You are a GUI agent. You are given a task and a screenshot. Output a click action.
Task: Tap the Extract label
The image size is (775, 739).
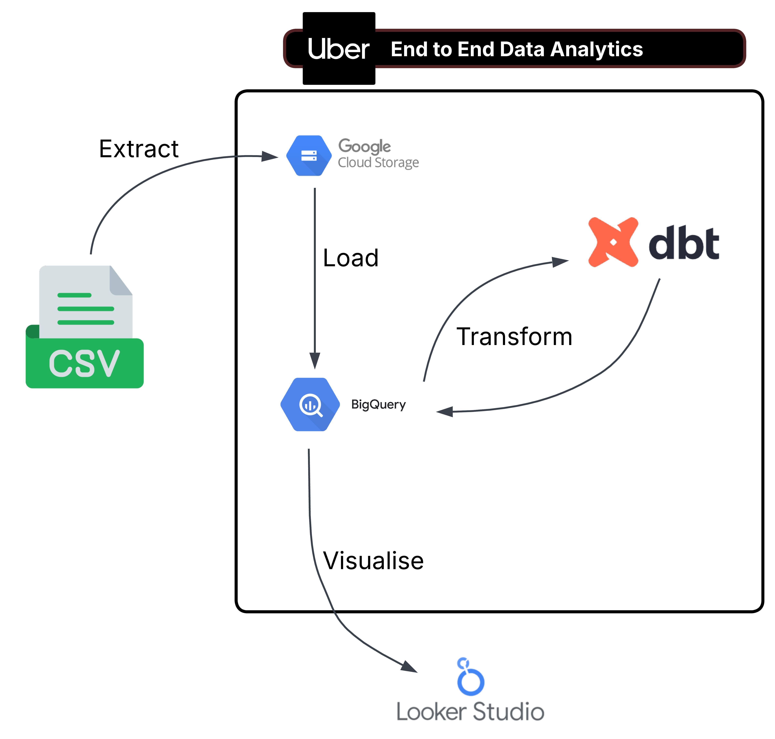139,149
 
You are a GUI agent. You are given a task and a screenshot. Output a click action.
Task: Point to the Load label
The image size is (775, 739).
351,258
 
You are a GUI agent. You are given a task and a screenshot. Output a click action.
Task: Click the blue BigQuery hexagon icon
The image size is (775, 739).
310,405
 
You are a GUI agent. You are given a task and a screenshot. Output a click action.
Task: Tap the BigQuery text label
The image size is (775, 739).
378,405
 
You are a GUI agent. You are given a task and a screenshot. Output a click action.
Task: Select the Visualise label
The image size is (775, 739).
373,561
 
